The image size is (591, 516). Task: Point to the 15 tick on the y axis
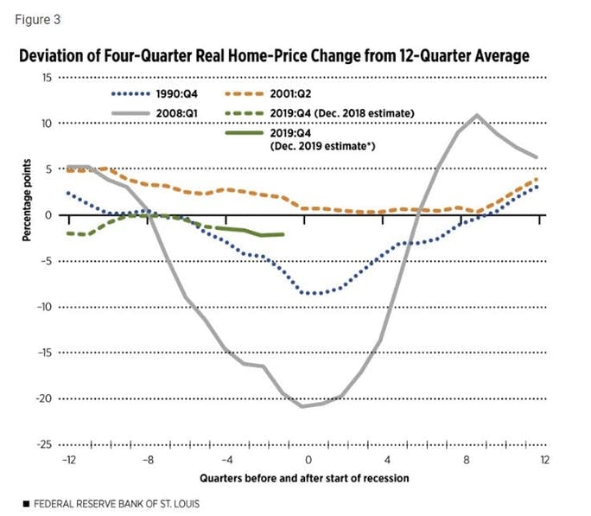(x=48, y=78)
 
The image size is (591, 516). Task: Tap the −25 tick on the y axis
(x=47, y=444)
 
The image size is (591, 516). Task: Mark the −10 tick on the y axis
(x=47, y=307)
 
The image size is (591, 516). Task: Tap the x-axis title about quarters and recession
(x=304, y=477)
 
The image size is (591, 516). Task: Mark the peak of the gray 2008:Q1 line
(x=477, y=115)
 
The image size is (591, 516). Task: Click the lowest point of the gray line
(x=302, y=406)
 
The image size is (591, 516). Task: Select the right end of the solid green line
(x=283, y=234)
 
